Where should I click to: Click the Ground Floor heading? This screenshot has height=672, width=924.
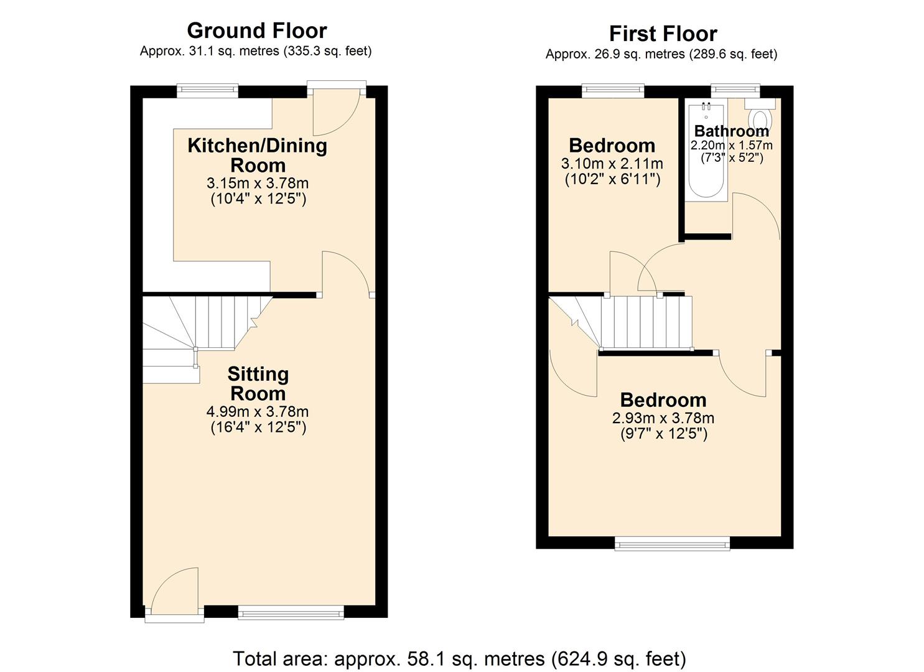coord(256,30)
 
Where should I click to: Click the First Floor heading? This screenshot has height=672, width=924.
coord(663,34)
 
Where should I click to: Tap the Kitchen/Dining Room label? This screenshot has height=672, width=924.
coord(257,156)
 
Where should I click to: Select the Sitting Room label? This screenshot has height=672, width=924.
coord(258,384)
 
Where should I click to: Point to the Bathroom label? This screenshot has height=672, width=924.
coord(731,131)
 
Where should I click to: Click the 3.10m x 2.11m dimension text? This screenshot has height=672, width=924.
coord(612,164)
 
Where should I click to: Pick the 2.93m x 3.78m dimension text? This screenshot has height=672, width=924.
coord(663,418)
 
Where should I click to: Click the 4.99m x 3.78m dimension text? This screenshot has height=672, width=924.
coord(257,411)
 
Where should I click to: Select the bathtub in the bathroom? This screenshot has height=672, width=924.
coord(706,151)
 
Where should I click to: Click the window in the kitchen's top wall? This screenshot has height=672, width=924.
coord(207,91)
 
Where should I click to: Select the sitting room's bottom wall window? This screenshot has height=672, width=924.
coord(291,613)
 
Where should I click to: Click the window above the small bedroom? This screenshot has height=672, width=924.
coord(613,91)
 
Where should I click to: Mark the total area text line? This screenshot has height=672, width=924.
coord(459,658)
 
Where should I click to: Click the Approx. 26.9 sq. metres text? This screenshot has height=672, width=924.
coord(661,54)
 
